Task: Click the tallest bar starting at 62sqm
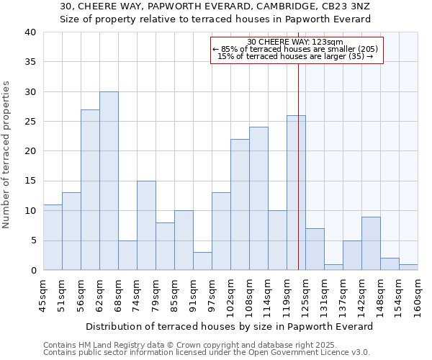(109, 181)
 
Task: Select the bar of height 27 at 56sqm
(90, 190)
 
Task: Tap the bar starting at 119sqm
(296, 193)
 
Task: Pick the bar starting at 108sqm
(258, 199)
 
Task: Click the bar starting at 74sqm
(146, 225)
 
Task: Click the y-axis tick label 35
(30, 62)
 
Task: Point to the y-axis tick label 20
(30, 151)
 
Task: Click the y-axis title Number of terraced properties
(6, 154)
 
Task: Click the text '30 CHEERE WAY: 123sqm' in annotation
(295, 42)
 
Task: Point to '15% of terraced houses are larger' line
(295, 56)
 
